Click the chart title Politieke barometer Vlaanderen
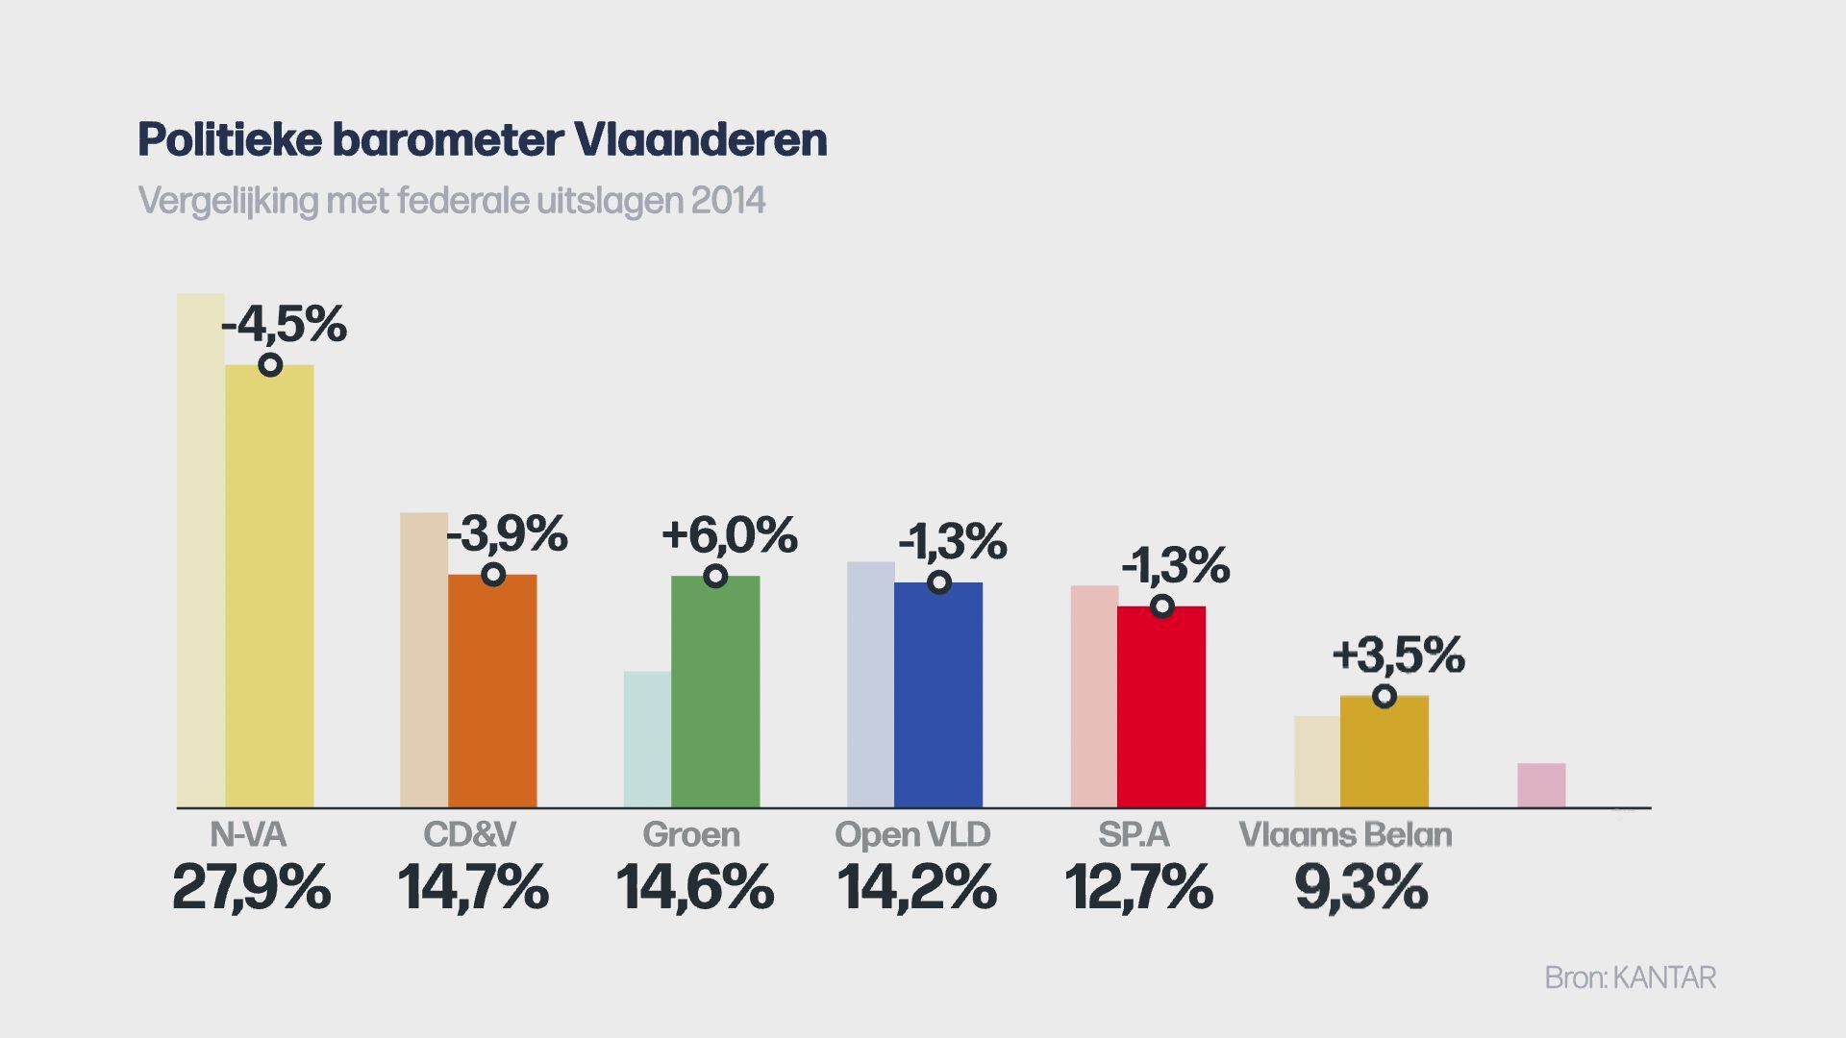click(482, 139)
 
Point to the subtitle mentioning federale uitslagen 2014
click(451, 201)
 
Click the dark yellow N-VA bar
click(269, 586)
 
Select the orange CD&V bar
click(492, 692)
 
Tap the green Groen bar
click(715, 692)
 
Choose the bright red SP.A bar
click(1161, 706)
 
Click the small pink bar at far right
click(1541, 785)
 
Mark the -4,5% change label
click(284, 324)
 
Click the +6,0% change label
click(730, 535)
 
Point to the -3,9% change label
click(508, 533)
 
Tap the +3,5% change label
click(1398, 655)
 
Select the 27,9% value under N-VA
click(252, 886)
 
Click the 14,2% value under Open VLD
click(916, 886)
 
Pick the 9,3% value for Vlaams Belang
click(1360, 886)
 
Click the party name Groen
click(691, 834)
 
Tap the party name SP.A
click(1135, 834)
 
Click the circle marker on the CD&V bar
click(493, 575)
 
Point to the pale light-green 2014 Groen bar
click(647, 739)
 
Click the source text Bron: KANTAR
click(1630, 977)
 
